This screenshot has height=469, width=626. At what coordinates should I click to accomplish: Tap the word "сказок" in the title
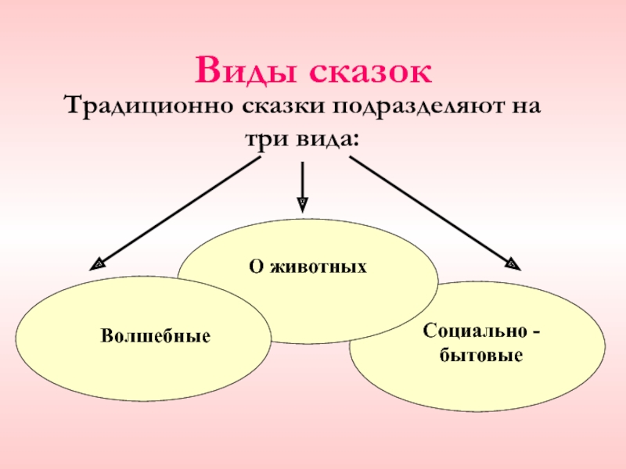[x=369, y=72]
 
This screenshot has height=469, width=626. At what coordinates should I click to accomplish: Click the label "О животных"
[x=308, y=267]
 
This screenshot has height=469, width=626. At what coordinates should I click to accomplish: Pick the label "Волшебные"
[x=156, y=337]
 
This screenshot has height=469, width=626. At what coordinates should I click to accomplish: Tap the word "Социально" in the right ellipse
[x=469, y=332]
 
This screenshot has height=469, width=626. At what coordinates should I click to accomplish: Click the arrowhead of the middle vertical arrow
[x=303, y=204]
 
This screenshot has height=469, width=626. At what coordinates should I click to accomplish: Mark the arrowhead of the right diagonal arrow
[x=512, y=265]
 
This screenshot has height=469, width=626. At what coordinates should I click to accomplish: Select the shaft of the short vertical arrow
[x=303, y=180]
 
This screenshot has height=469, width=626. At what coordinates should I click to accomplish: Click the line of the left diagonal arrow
[x=180, y=211]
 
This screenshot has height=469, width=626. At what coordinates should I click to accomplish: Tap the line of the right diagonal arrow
[x=430, y=211]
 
